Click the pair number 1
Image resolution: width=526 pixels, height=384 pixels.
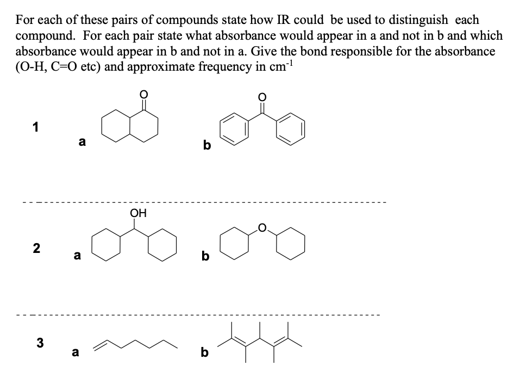pos(36,128)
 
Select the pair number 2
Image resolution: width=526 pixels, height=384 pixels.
pos(36,248)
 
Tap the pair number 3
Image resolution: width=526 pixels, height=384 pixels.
pos(39,343)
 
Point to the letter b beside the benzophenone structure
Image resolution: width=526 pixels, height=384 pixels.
pos(206,146)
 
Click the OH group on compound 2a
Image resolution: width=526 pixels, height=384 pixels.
pos(139,213)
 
